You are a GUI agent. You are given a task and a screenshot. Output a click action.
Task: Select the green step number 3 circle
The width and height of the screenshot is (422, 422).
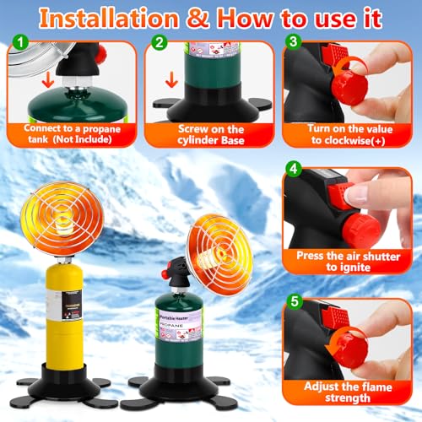(292, 41)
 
